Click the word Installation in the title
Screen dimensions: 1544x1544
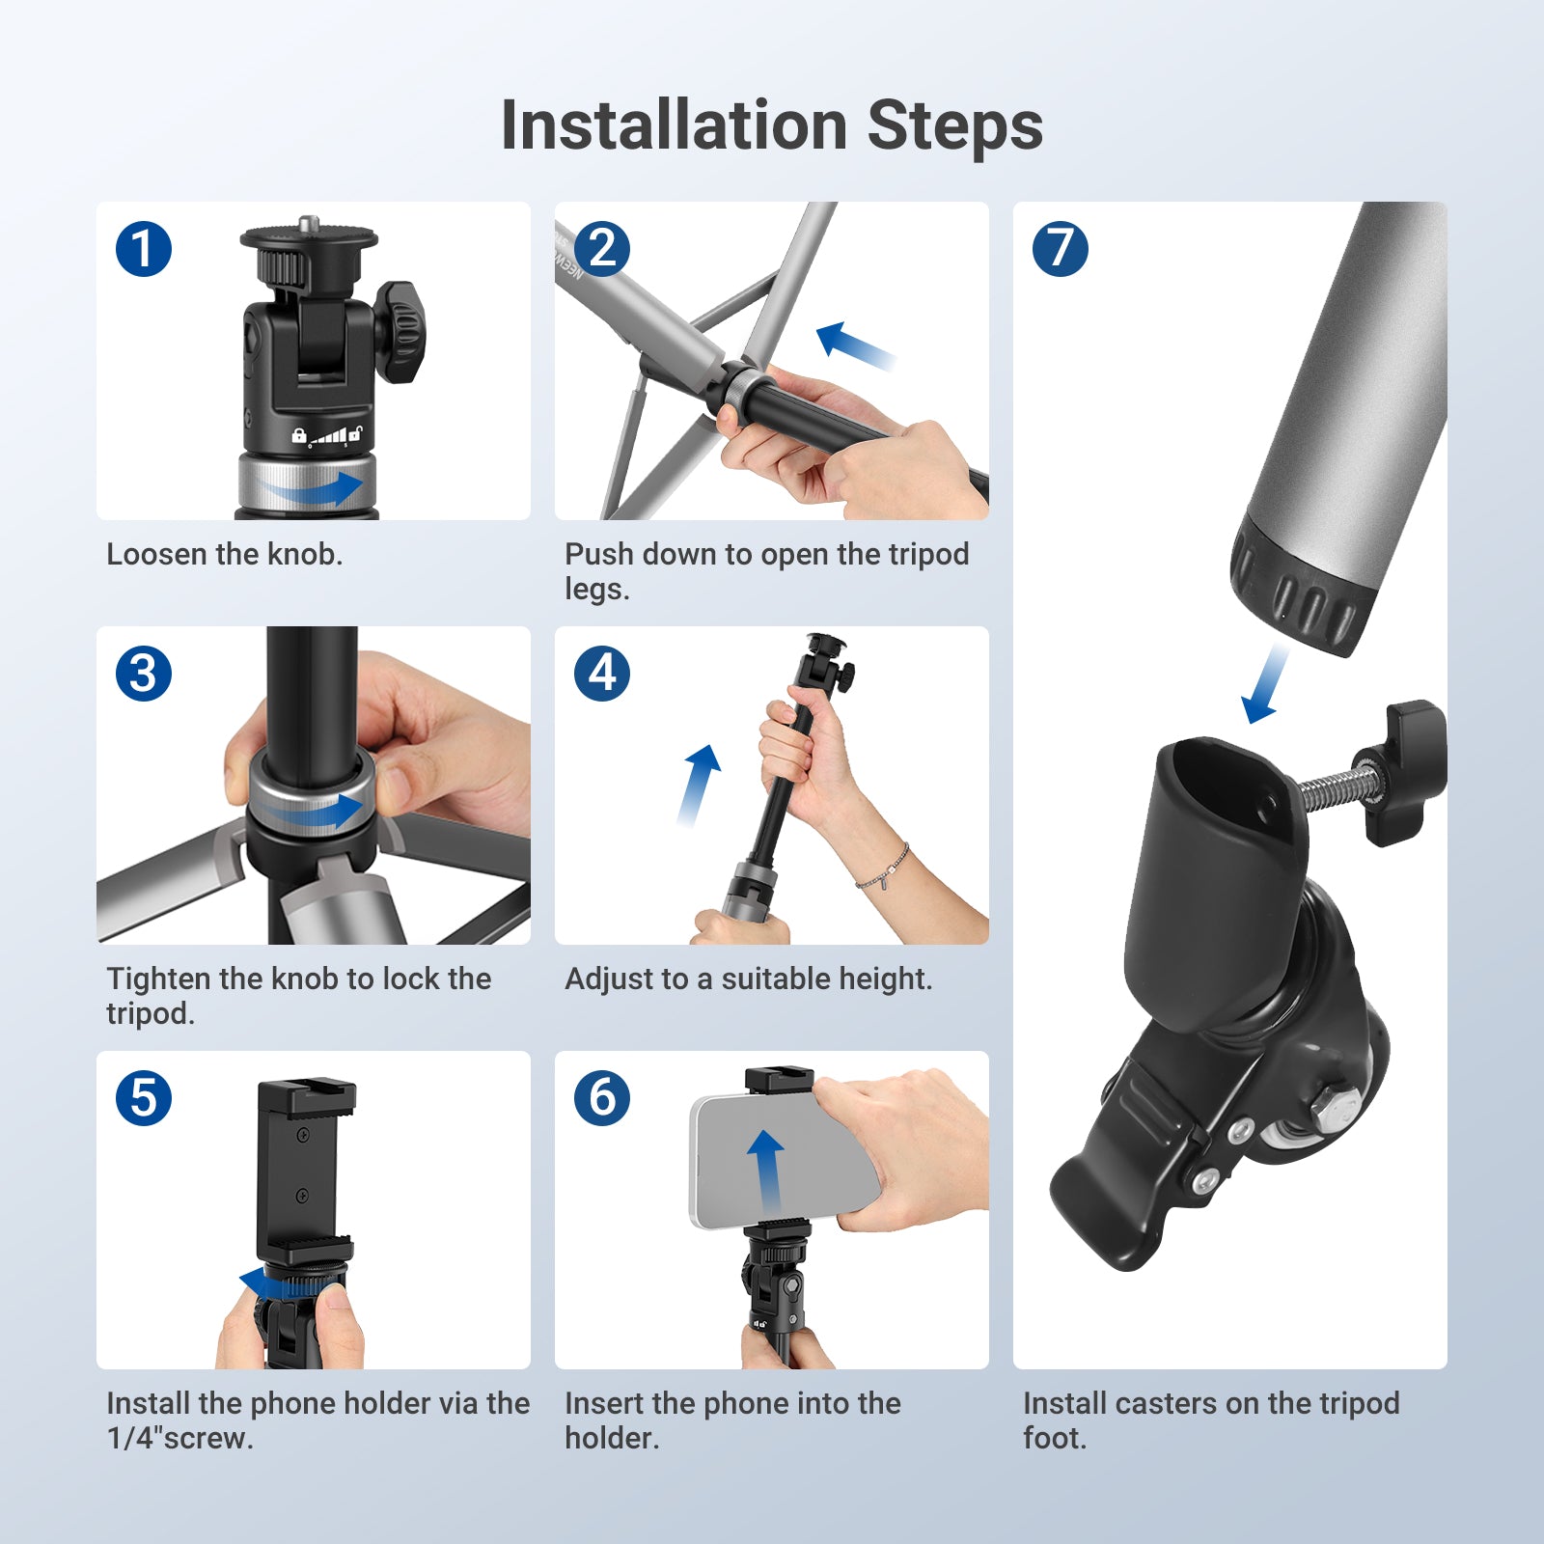pyautogui.click(x=674, y=125)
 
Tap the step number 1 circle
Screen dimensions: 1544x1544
pyautogui.click(x=144, y=249)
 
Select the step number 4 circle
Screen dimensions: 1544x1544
pyautogui.click(x=602, y=674)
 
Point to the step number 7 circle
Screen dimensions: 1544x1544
pyautogui.click(x=1060, y=249)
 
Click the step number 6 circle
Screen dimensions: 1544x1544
pyautogui.click(x=602, y=1098)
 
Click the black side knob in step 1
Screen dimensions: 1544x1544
pyautogui.click(x=400, y=331)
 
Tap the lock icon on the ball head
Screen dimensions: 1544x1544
pyautogui.click(x=299, y=436)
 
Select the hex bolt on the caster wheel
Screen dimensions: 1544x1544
pyautogui.click(x=1337, y=1107)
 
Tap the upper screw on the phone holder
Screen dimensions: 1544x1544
pyautogui.click(x=302, y=1135)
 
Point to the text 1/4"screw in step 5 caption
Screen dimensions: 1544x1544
pyautogui.click(x=179, y=1438)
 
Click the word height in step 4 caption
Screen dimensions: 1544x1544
pyautogui.click(x=876, y=979)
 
